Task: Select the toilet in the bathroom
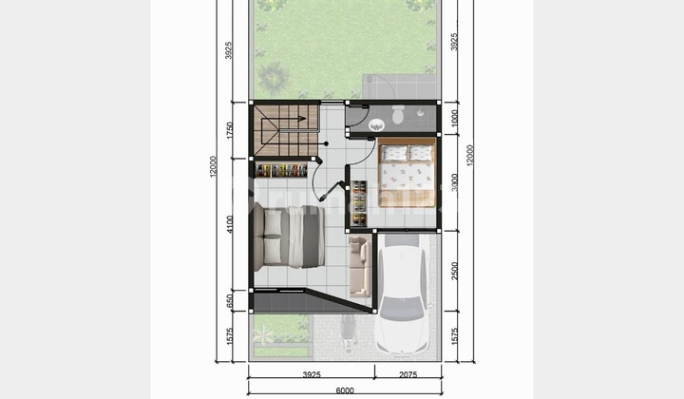point(397,115)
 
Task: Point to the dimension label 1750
point(231,132)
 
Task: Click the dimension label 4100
point(231,226)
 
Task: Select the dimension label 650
point(231,301)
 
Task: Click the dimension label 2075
point(408,374)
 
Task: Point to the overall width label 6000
point(345,389)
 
